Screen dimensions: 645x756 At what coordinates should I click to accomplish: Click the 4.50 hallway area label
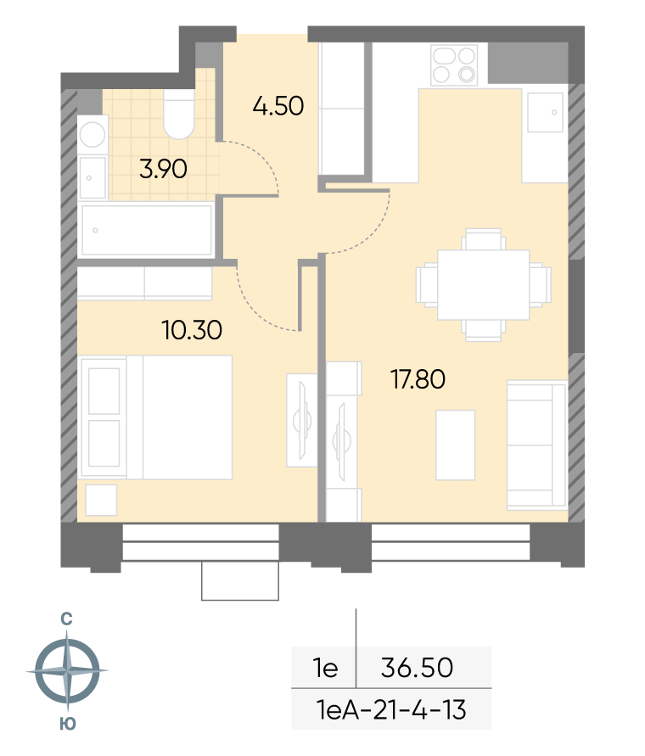(x=278, y=105)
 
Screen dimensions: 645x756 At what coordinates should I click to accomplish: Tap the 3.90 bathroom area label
(x=163, y=169)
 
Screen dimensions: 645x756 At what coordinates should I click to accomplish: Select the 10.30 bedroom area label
(x=192, y=330)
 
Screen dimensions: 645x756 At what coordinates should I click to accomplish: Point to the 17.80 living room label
(x=418, y=379)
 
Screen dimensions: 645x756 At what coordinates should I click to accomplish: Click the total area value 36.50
(x=418, y=668)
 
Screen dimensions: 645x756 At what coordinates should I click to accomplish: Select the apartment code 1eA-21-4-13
(x=391, y=709)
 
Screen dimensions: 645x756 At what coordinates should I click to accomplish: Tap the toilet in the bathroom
(x=179, y=115)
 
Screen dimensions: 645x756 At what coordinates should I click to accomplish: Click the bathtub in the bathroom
(x=147, y=230)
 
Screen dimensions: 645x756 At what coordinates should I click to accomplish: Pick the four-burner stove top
(x=454, y=65)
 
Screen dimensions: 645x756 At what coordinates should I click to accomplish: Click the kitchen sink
(x=545, y=112)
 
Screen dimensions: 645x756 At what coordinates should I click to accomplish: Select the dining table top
(x=484, y=284)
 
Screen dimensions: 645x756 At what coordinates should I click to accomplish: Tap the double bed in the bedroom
(x=156, y=417)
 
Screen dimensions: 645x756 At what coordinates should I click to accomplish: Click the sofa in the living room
(x=537, y=445)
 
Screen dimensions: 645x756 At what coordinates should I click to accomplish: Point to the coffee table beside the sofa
(x=456, y=445)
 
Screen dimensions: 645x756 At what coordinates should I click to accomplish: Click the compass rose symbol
(x=68, y=670)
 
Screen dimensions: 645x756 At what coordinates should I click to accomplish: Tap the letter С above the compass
(x=66, y=619)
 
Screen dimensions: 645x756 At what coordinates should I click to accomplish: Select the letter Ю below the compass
(x=68, y=724)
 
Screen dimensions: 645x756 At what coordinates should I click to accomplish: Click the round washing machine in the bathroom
(x=93, y=134)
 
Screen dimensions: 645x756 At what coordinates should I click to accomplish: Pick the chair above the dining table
(x=484, y=239)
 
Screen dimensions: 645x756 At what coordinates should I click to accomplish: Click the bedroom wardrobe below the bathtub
(x=145, y=283)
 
